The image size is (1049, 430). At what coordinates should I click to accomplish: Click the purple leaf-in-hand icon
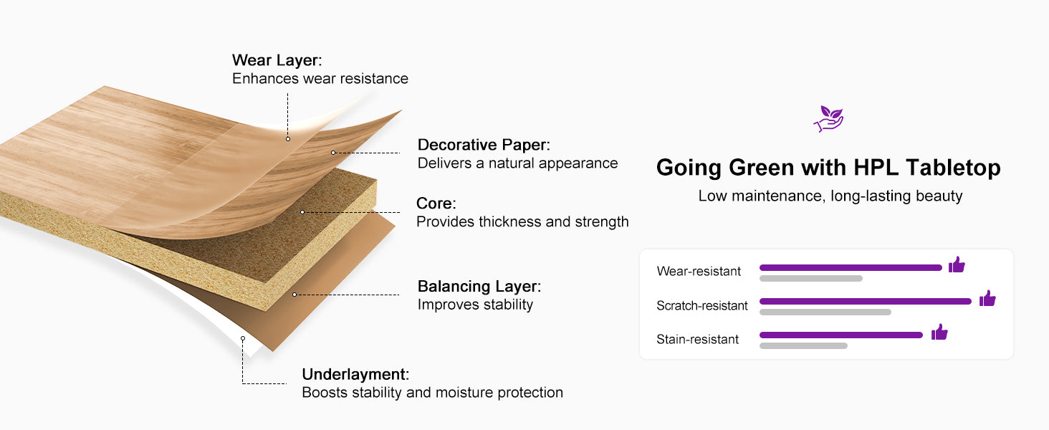click(x=828, y=119)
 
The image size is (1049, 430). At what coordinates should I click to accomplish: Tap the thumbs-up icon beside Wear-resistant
click(x=957, y=264)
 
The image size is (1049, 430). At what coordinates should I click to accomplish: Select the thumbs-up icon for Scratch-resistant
click(x=987, y=298)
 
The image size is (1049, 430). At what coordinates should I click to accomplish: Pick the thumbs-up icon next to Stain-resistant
click(x=939, y=332)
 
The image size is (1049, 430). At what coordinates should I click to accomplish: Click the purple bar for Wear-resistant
click(x=851, y=267)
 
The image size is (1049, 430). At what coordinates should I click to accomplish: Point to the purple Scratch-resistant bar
click(x=866, y=301)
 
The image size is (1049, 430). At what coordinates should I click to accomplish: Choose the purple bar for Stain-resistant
click(x=841, y=335)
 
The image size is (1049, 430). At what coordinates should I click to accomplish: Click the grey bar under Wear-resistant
click(x=811, y=279)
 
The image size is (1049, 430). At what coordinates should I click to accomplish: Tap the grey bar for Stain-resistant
click(x=804, y=346)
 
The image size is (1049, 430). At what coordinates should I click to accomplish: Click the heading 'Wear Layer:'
click(x=277, y=60)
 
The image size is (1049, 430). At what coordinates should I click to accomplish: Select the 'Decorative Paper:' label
click(x=484, y=145)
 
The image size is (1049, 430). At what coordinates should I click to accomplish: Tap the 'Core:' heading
click(x=436, y=204)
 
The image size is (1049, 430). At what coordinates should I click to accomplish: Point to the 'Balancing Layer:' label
click(x=479, y=286)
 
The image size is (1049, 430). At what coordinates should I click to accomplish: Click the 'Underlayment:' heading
click(x=355, y=374)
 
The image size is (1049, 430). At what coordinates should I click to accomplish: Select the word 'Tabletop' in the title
click(x=953, y=168)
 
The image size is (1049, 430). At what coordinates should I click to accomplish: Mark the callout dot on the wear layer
click(x=288, y=138)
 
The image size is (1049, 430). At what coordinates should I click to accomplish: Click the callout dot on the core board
click(x=302, y=212)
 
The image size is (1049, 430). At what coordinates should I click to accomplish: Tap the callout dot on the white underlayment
click(x=243, y=338)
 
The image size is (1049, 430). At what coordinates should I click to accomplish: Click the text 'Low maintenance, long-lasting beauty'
click(x=830, y=196)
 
